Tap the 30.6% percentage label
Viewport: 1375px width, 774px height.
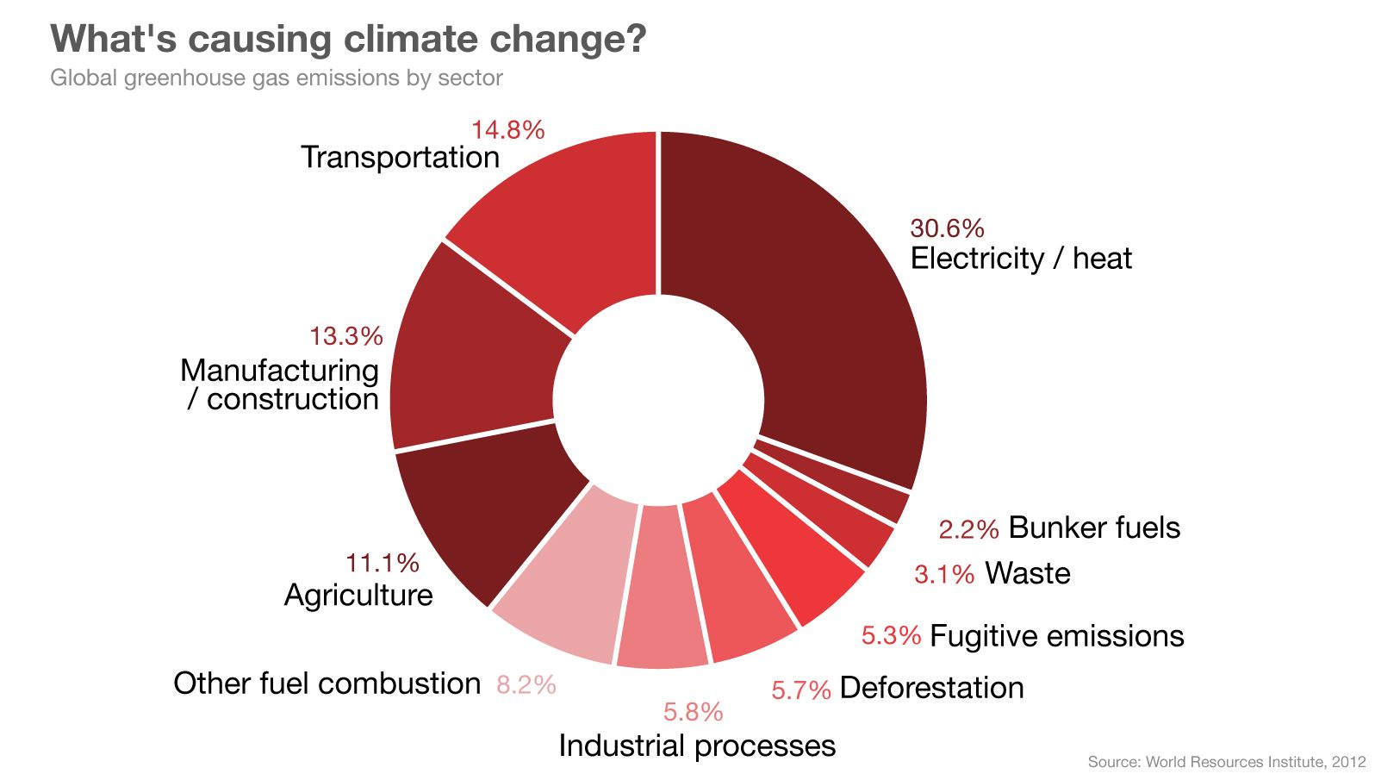tap(947, 228)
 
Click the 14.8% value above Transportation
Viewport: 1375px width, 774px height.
tap(507, 130)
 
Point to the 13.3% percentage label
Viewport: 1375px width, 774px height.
tap(346, 336)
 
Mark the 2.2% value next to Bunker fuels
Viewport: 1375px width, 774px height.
tap(968, 529)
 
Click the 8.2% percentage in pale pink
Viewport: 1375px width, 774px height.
tap(526, 684)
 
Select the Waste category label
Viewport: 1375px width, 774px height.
tap(1028, 573)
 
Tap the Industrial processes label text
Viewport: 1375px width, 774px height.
tap(697, 746)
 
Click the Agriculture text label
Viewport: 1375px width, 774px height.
tap(358, 595)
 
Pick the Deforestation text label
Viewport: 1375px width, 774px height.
tap(931, 688)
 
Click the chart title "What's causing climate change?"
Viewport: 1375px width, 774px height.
tap(348, 39)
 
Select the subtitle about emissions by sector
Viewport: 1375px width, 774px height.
tap(277, 78)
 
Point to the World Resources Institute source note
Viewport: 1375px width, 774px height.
tap(1226, 762)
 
